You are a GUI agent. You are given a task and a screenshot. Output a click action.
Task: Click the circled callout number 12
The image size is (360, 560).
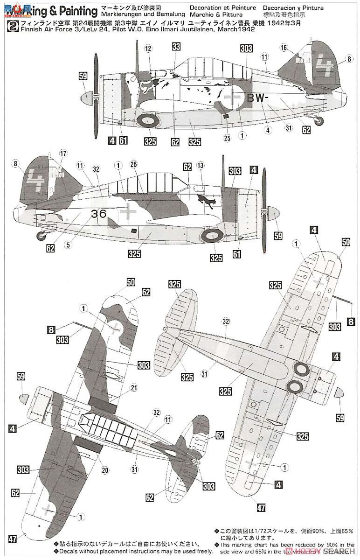click(148, 48)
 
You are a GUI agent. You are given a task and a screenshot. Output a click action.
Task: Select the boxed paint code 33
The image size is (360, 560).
click(176, 47)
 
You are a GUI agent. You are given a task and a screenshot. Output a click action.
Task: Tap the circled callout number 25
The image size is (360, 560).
click(228, 138)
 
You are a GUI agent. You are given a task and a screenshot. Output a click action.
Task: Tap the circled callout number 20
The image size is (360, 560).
click(105, 470)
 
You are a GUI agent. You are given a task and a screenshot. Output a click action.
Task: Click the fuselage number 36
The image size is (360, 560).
click(99, 214)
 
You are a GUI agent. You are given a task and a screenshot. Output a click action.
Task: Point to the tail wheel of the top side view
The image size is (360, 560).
click(319, 121)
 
